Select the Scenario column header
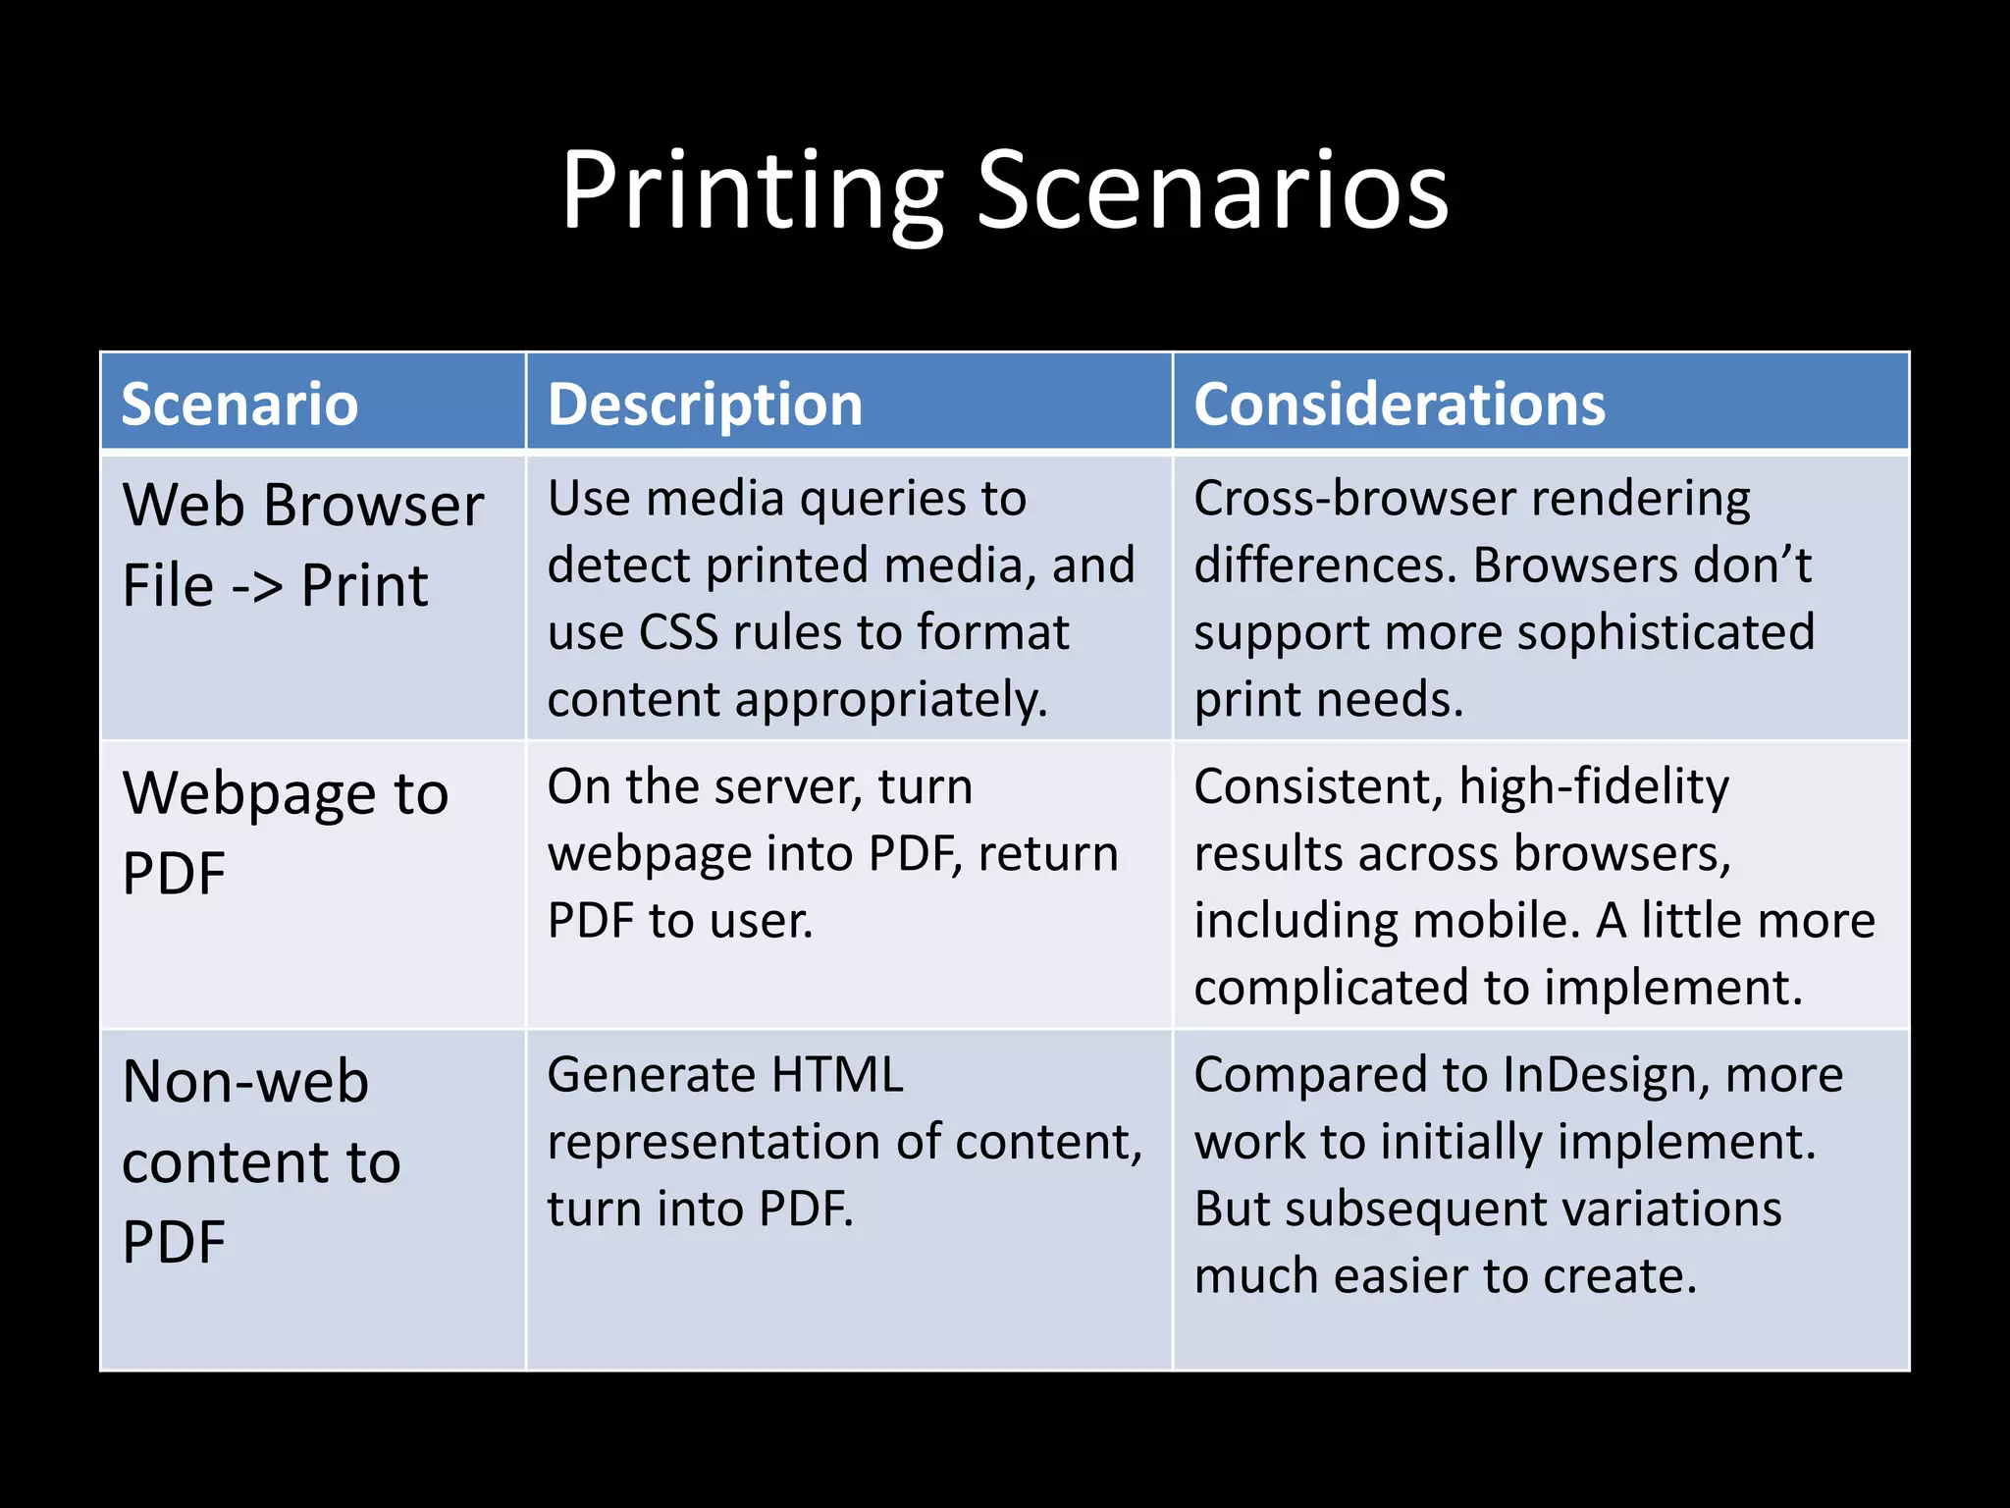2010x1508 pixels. click(239, 404)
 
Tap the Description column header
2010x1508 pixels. click(705, 404)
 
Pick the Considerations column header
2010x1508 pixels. click(1400, 404)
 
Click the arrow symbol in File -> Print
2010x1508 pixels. click(257, 587)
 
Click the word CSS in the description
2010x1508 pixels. click(678, 632)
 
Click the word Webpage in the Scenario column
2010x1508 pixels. click(248, 793)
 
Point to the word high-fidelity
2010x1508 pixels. click(1593, 787)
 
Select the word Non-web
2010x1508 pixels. click(245, 1082)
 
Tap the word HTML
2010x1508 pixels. click(836, 1075)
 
